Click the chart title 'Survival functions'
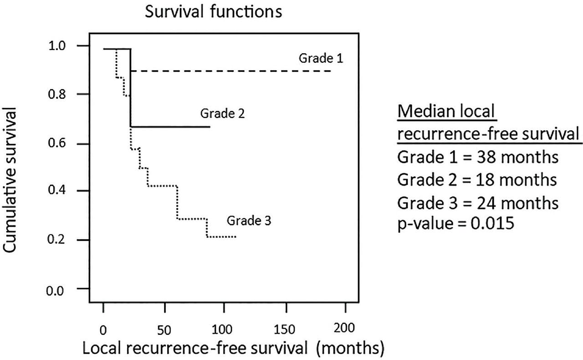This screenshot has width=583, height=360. [213, 12]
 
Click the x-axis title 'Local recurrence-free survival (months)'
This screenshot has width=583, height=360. [233, 348]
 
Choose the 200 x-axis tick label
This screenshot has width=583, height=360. [346, 328]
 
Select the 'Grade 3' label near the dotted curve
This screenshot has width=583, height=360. [249, 222]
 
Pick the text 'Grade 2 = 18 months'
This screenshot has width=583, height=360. [477, 179]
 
